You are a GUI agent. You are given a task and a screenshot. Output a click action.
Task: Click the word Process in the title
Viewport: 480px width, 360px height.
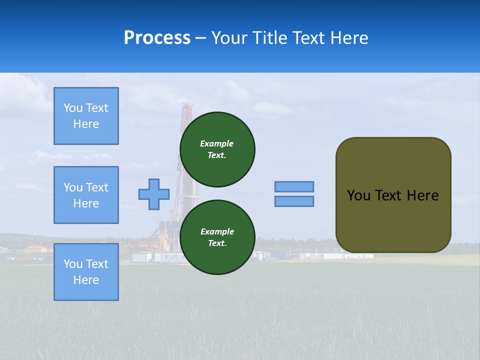click(x=157, y=38)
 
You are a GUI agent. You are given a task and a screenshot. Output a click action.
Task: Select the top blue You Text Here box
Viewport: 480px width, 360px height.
click(x=86, y=116)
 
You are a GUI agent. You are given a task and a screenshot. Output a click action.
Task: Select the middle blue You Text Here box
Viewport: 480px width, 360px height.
click(x=86, y=195)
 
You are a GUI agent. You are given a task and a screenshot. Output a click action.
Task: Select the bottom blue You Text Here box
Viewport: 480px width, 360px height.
click(x=86, y=272)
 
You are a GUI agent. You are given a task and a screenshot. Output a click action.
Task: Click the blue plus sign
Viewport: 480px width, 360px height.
click(x=154, y=194)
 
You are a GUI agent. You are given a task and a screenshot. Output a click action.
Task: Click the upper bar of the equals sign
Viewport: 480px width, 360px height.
click(x=294, y=186)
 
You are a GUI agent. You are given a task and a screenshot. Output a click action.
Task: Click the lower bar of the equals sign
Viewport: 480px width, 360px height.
click(x=294, y=201)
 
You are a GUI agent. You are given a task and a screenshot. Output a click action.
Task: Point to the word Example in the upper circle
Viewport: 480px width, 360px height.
click(x=217, y=143)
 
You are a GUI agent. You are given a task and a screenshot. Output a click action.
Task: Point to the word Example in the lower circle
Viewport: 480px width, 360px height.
click(x=217, y=231)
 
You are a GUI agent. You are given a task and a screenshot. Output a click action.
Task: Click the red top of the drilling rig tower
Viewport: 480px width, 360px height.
click(x=187, y=107)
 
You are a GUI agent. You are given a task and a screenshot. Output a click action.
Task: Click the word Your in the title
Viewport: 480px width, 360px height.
click(x=227, y=38)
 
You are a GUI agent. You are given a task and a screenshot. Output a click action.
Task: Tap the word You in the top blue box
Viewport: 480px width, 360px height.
click(x=72, y=108)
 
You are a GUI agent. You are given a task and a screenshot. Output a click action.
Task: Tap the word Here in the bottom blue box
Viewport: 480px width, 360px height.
click(x=86, y=280)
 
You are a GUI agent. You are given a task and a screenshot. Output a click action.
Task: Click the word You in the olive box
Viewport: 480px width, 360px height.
click(x=358, y=195)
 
